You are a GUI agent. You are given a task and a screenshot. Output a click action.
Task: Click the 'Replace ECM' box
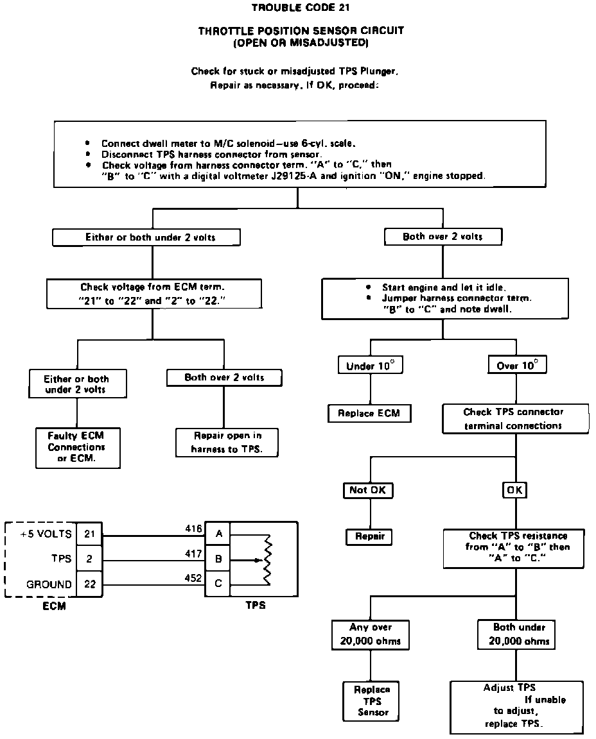[x=369, y=414]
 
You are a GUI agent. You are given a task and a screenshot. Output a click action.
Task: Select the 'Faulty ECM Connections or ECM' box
[x=76, y=446]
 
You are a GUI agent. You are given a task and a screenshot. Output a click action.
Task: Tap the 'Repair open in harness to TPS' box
[x=227, y=442]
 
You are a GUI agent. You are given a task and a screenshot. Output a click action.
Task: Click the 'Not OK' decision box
[x=367, y=490]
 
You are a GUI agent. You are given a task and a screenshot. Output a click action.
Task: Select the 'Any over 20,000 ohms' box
[x=371, y=634]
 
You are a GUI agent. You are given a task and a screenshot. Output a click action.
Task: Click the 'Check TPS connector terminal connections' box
[x=514, y=418]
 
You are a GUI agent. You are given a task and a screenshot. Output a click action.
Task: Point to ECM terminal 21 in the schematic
[x=89, y=533]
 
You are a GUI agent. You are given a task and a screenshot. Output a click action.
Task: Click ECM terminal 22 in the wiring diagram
[x=89, y=584]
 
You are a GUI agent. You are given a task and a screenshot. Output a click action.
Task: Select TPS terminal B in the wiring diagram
[x=218, y=559]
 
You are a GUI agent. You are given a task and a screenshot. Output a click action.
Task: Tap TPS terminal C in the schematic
[x=218, y=584]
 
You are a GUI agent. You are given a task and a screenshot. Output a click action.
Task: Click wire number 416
[x=193, y=529]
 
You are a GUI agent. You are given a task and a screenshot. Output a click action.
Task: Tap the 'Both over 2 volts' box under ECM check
[x=224, y=377]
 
